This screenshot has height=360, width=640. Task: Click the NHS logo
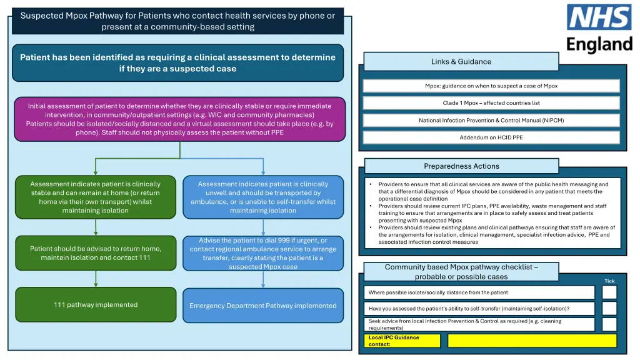(x=599, y=17)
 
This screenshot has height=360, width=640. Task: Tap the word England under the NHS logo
(x=599, y=44)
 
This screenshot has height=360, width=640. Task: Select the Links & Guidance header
(x=461, y=61)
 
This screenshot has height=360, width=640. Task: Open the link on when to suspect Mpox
(x=491, y=86)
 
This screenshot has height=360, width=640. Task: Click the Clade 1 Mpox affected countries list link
(x=491, y=103)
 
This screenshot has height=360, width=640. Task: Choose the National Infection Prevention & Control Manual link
(x=491, y=120)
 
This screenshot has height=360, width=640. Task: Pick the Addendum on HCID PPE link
(x=491, y=137)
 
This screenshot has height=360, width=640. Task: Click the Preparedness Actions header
(x=461, y=166)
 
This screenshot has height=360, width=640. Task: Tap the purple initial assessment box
(x=179, y=119)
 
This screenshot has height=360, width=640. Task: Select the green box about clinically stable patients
(x=96, y=197)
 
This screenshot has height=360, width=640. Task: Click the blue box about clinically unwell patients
(x=262, y=197)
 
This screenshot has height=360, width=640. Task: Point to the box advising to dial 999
(x=262, y=253)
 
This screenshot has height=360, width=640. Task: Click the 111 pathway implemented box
(x=96, y=305)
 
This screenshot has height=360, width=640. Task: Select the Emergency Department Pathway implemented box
(x=262, y=306)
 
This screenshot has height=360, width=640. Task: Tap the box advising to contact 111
(x=96, y=253)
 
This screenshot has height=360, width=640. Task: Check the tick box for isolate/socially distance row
(x=609, y=292)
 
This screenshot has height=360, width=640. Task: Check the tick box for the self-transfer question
(x=609, y=308)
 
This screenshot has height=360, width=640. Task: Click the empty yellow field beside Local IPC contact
(x=531, y=341)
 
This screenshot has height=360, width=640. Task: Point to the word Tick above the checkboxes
(x=609, y=281)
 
